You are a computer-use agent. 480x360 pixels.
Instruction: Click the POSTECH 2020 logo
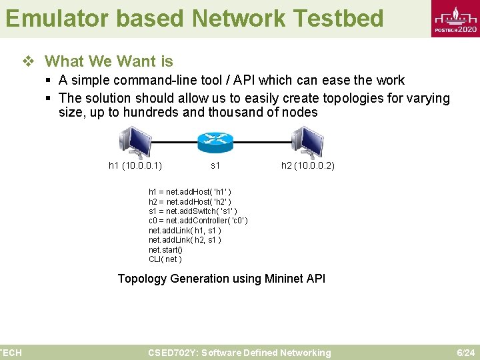coord(455,20)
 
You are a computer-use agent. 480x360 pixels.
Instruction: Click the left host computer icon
coord(135,141)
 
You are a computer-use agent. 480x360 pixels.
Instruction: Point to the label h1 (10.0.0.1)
coord(135,165)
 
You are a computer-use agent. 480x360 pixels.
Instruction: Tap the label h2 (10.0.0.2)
coord(308,165)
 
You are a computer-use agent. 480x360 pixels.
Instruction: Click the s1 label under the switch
coord(215,165)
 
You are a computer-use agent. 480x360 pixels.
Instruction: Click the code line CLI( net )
coord(165,259)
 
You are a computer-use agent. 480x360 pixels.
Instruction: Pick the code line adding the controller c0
coord(198,221)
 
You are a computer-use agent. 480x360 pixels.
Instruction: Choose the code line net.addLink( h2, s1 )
coord(185,239)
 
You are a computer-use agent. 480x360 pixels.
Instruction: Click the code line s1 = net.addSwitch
coord(193,211)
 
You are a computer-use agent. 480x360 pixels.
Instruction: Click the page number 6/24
coord(465,353)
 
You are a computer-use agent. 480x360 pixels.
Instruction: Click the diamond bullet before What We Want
coord(28,62)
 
